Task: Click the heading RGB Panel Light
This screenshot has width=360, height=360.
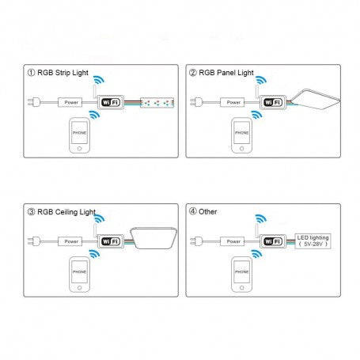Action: [224, 73]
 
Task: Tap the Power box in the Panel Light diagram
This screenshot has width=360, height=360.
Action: [233, 102]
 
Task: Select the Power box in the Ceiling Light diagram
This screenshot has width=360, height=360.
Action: [71, 241]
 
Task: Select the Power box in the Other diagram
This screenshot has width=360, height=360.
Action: [233, 241]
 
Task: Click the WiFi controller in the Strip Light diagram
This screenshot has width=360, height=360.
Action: [109, 102]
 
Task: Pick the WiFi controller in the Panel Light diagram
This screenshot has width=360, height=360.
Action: [271, 102]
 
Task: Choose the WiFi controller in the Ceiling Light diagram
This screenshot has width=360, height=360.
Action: [110, 241]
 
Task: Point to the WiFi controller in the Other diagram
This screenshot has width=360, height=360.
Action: [271, 241]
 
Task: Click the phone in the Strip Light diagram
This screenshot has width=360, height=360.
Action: [78, 134]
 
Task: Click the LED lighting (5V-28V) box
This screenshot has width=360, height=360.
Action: [313, 241]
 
